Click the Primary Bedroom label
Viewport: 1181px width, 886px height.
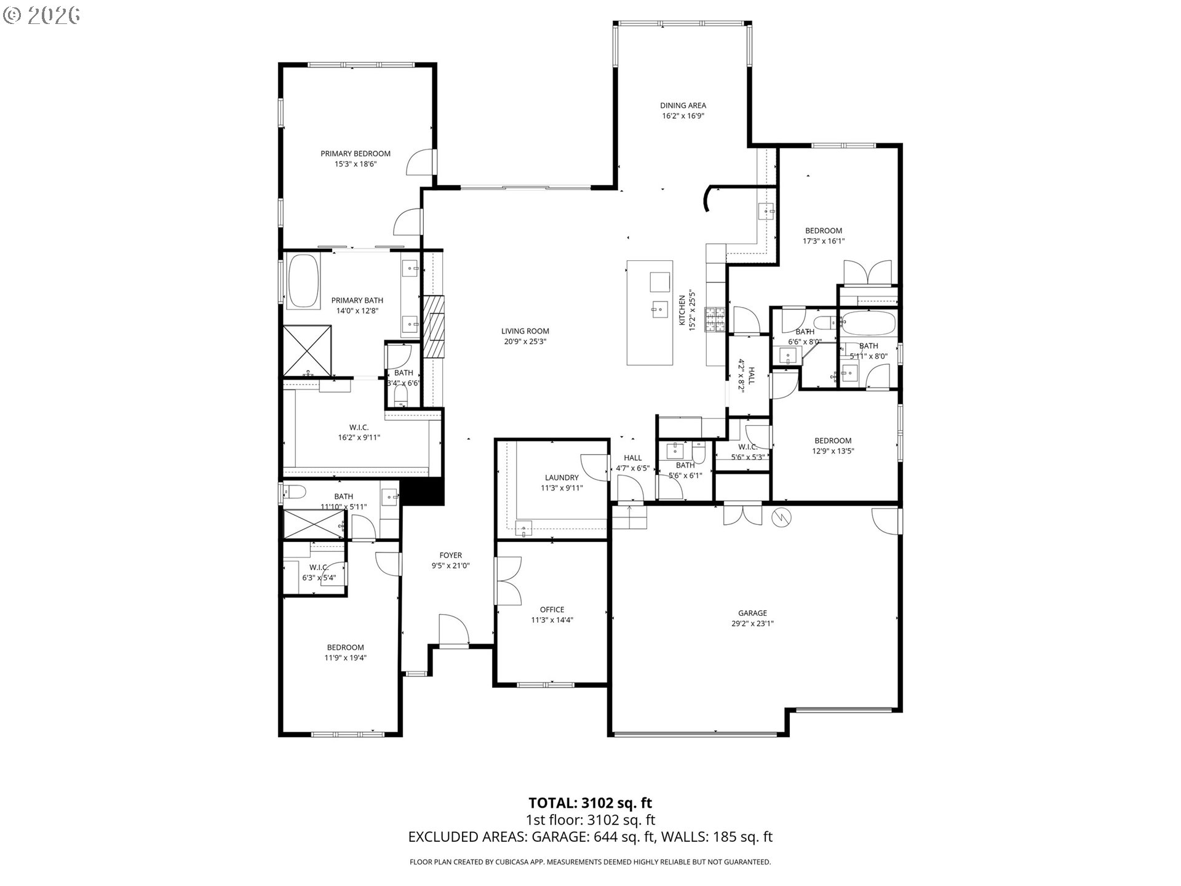point(355,154)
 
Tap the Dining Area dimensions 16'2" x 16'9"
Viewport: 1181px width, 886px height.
point(683,116)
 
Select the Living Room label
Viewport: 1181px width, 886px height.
point(525,331)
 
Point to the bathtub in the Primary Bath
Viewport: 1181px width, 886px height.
point(304,281)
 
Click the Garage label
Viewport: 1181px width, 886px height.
point(752,613)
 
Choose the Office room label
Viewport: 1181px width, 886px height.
point(552,610)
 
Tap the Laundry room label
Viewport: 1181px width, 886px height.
point(562,477)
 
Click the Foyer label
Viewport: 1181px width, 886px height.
point(450,556)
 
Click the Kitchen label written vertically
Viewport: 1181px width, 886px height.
point(682,311)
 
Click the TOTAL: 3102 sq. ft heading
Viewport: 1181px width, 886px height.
point(590,802)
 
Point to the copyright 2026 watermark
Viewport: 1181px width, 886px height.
point(42,15)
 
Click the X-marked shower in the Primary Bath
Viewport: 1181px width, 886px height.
point(307,351)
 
